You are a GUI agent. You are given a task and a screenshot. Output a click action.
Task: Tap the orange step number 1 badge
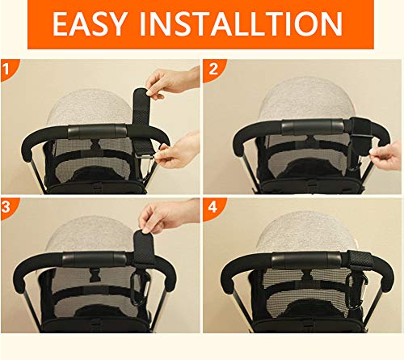(9, 70)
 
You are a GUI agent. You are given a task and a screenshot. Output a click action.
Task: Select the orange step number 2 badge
(213, 70)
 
